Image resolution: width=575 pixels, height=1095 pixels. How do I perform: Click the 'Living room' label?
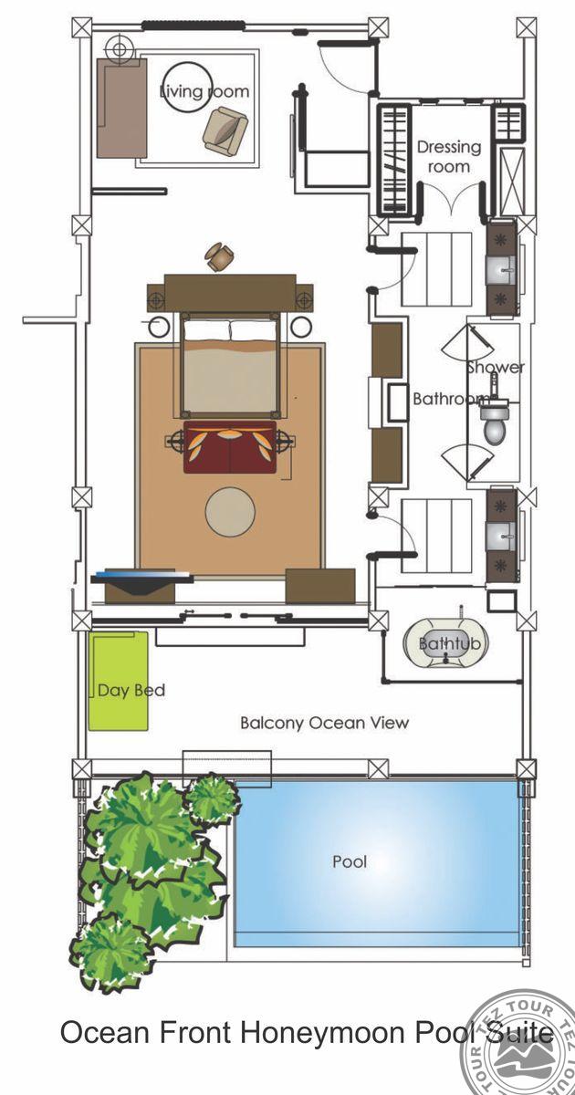pos(204,91)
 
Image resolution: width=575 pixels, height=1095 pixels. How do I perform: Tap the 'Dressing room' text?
pos(449,156)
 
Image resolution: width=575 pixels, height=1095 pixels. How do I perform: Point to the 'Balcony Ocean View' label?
pos(324,723)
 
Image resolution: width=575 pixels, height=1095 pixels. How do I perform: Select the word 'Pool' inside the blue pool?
pos(350,875)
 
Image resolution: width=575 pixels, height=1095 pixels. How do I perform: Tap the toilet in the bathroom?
pos(495,422)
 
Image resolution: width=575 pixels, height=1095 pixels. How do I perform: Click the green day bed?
pos(118,681)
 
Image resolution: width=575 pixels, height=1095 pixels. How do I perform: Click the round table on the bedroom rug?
pos(230,511)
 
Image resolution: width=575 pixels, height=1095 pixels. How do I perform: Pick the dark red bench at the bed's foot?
pos(230,447)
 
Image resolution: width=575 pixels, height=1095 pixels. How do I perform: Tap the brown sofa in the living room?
pos(121,108)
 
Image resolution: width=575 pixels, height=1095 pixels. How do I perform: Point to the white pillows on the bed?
pos(230,330)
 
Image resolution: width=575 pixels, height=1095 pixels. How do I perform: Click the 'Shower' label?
pos(495,367)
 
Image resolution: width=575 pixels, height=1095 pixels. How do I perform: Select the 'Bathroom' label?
pos(450,399)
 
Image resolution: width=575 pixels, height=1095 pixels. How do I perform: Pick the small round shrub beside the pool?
pos(212,799)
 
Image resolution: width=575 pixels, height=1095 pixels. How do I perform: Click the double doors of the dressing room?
pos(453,200)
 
